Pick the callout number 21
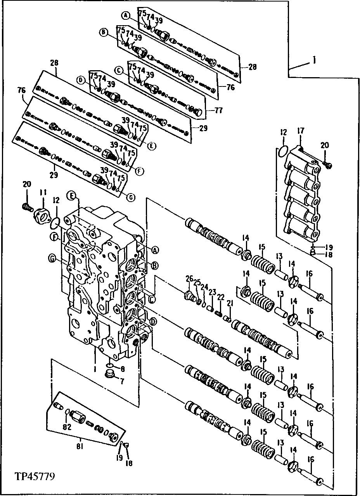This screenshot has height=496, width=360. coord(230,304)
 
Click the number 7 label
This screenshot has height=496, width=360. coord(122,381)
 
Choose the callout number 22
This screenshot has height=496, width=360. coord(221,297)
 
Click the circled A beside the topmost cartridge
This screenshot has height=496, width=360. coord(125,16)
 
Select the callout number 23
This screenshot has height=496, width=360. coord(212,292)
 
